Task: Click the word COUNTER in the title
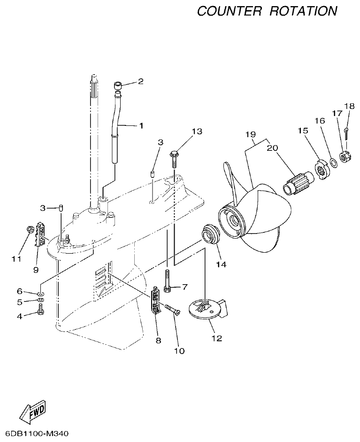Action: [229, 11]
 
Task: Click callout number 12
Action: [216, 338]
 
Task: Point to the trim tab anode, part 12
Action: [207, 309]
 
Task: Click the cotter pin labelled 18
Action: [345, 133]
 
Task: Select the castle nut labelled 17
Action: [345, 158]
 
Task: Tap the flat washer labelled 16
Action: [332, 163]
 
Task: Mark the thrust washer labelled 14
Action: [211, 235]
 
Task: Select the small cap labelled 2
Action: [117, 86]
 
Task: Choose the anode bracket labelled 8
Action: [156, 302]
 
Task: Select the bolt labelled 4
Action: [40, 310]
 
